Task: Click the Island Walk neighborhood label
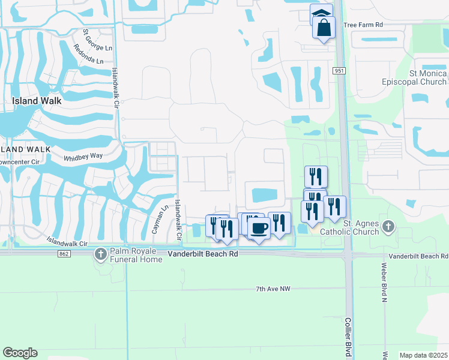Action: click(37, 101)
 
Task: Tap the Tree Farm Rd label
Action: click(363, 26)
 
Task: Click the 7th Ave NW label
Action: click(273, 289)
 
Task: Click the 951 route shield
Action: click(340, 71)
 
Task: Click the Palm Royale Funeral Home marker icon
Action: click(100, 254)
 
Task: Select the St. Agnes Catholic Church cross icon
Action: click(388, 226)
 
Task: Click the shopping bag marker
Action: click(324, 28)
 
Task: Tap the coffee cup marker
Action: click(259, 229)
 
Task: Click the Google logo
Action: click(20, 353)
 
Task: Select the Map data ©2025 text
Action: click(424, 355)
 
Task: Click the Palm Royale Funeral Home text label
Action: click(136, 256)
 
